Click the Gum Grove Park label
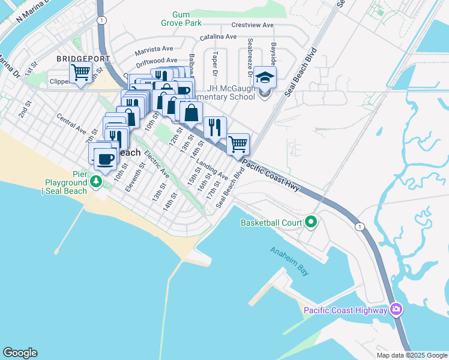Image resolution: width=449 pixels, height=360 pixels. pos(184,19)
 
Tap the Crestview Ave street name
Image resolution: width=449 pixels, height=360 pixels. pos(253,26)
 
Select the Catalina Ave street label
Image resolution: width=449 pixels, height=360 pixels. pos(218,37)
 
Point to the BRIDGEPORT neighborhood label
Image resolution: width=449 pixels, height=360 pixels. pos(83,59)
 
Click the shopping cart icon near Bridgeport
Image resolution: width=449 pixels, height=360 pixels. pos(80,74)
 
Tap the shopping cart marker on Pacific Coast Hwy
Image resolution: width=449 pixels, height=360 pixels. pos(238,144)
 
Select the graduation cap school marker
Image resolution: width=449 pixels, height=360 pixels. pos(264,77)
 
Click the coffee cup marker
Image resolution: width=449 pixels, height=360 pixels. pos(106,160)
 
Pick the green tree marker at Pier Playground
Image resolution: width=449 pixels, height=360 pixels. pos(96,181)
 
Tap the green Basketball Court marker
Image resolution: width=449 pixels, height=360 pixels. pos(310,223)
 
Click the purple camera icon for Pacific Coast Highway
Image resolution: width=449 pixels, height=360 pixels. pos(396,310)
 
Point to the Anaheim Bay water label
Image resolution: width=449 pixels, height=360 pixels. pos(289,262)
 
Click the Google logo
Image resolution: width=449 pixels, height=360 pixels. pos(20,353)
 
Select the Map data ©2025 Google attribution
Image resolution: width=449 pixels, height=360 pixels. pos(412,355)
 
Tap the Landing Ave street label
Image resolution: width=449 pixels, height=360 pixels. pos(212,170)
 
